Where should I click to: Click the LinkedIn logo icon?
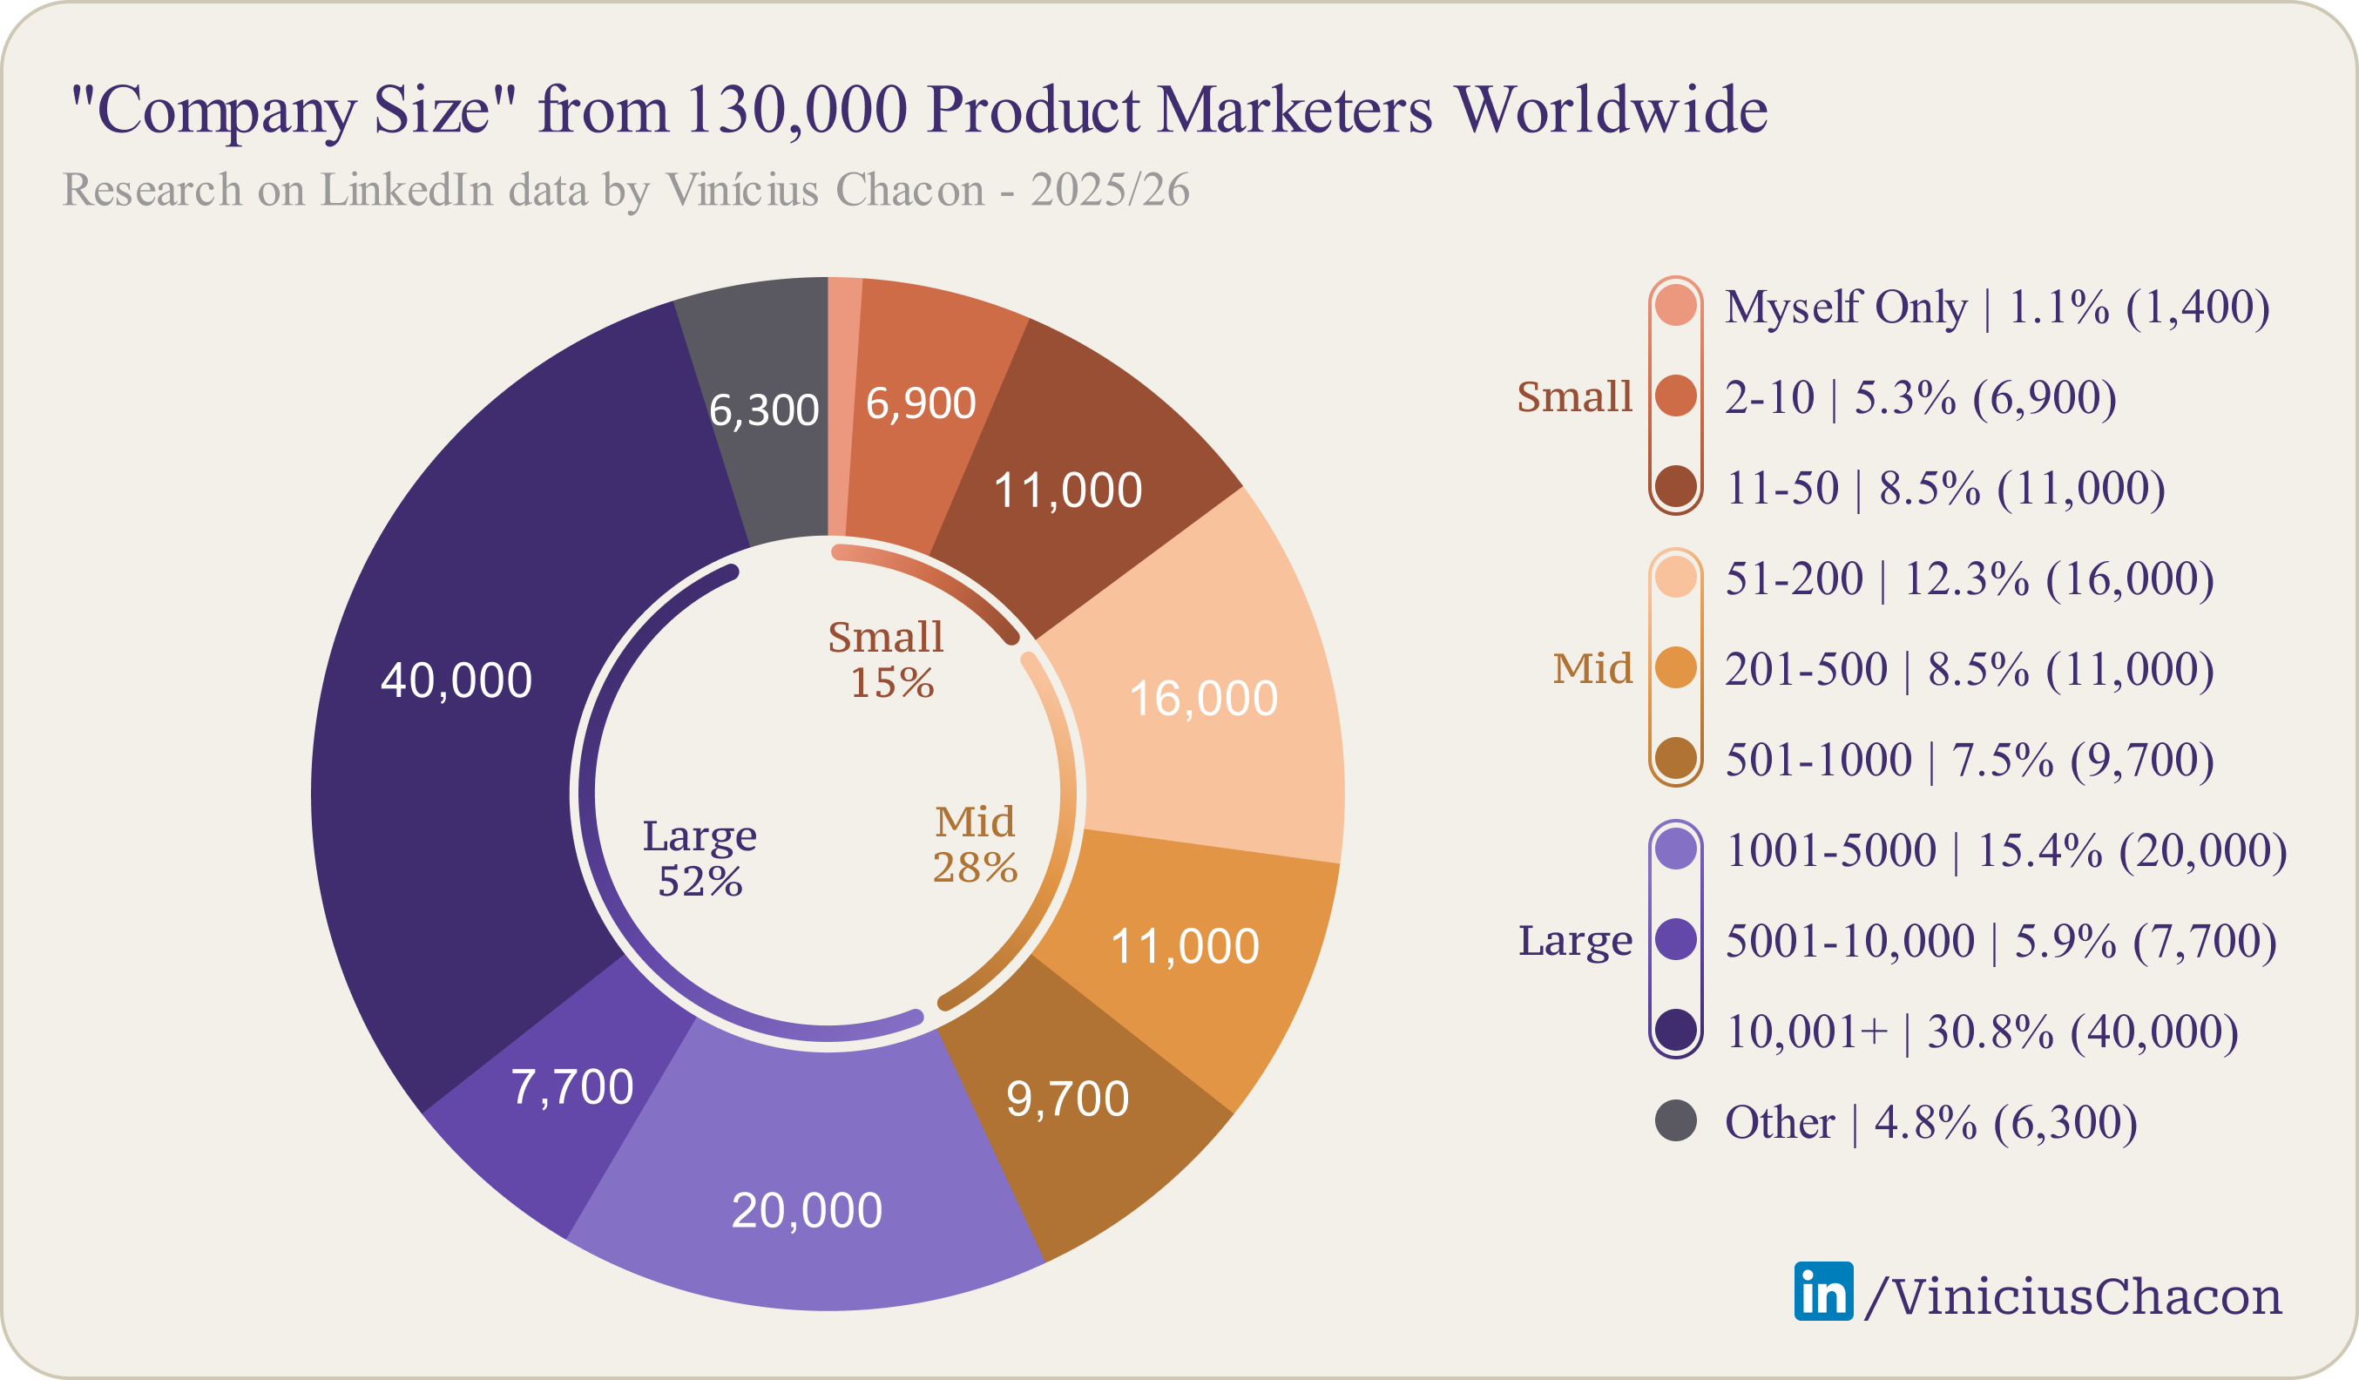[x=1822, y=1291]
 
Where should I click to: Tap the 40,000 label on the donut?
[x=456, y=680]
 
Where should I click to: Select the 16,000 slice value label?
[x=1203, y=699]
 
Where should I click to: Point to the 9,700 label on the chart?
[x=1067, y=1099]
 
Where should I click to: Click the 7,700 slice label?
[x=572, y=1087]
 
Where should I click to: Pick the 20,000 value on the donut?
[x=806, y=1210]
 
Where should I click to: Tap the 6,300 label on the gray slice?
[x=764, y=410]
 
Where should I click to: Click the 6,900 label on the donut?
[x=920, y=403]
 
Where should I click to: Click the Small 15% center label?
[x=886, y=660]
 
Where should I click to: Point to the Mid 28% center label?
[x=975, y=844]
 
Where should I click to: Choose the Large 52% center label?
[x=700, y=857]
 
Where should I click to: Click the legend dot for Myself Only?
[x=1676, y=306]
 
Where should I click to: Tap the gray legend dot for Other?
[x=1676, y=1120]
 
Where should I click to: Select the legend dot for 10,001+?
[x=1676, y=1030]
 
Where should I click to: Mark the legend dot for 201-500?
[x=1676, y=668]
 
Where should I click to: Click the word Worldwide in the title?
[x=1610, y=110]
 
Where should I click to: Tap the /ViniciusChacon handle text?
[x=2072, y=1296]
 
